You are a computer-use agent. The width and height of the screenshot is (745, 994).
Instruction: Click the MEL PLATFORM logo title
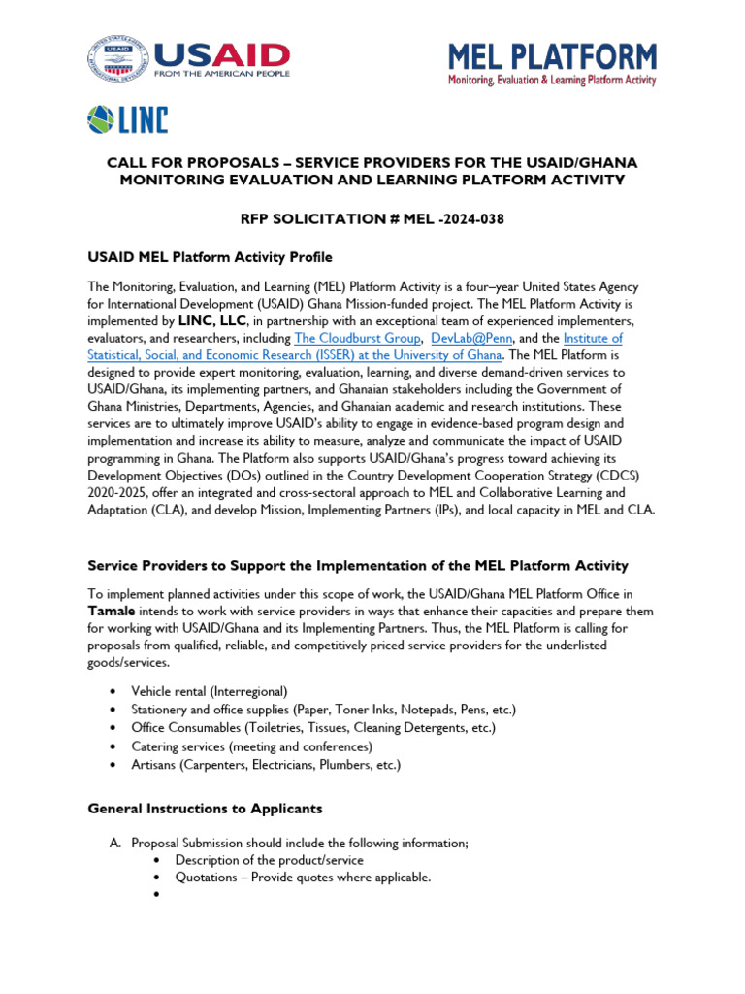click(551, 56)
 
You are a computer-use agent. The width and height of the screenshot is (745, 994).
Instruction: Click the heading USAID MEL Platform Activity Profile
click(211, 257)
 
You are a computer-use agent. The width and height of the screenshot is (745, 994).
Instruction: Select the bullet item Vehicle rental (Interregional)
click(210, 691)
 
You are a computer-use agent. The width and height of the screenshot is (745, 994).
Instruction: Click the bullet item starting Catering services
click(251, 746)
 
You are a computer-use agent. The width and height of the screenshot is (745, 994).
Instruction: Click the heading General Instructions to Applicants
click(206, 809)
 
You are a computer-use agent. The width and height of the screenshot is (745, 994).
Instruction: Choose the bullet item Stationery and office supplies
click(324, 710)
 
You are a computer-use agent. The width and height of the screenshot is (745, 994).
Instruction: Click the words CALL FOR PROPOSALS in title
click(194, 162)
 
